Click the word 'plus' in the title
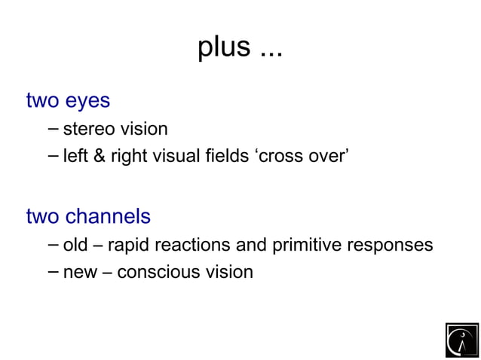[x=224, y=47]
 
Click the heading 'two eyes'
[x=68, y=100]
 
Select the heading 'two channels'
[x=88, y=217]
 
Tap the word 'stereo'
[x=88, y=130]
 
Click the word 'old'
[x=78, y=245]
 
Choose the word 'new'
[x=80, y=272]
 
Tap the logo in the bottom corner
[x=461, y=340]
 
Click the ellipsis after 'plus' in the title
[x=271, y=52]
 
